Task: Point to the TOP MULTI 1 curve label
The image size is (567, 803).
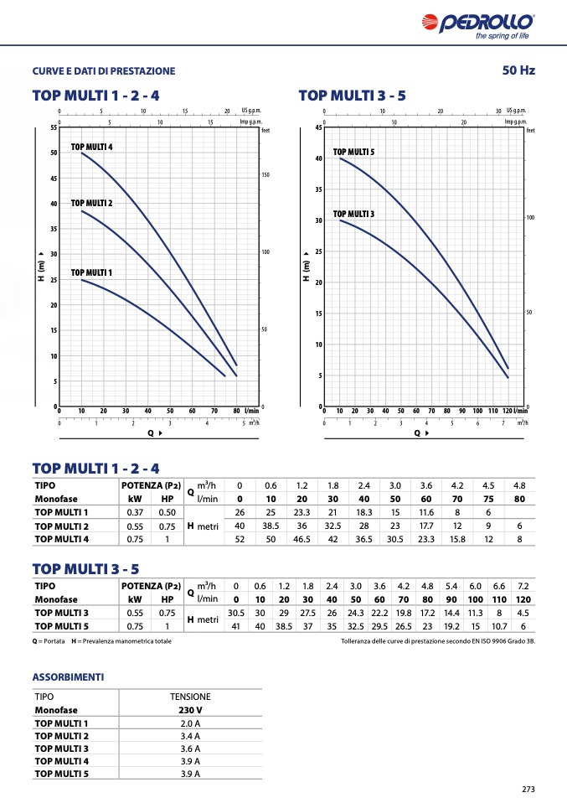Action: tap(91, 272)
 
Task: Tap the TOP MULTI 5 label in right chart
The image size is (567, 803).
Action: tap(353, 152)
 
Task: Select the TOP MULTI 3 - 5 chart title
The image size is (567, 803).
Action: tap(352, 96)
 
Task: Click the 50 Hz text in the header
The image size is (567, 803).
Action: tap(518, 70)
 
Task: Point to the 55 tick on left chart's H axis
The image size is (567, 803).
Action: tap(53, 127)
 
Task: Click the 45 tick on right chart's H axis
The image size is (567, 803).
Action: tap(318, 127)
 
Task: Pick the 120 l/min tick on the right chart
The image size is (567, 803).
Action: tap(507, 412)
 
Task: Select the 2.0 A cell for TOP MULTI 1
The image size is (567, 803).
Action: tap(190, 723)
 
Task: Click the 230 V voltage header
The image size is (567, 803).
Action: tap(190, 710)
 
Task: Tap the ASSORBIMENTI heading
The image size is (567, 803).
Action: tap(68, 676)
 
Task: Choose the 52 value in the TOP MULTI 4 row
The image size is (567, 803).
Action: tap(240, 539)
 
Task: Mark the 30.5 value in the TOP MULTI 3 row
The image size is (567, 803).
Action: tap(236, 613)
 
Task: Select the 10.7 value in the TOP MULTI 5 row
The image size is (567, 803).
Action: tap(499, 625)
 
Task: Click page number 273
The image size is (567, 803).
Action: tap(528, 789)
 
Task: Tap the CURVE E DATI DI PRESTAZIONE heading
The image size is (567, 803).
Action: tap(104, 71)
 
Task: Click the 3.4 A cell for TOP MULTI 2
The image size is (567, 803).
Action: tap(190, 735)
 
